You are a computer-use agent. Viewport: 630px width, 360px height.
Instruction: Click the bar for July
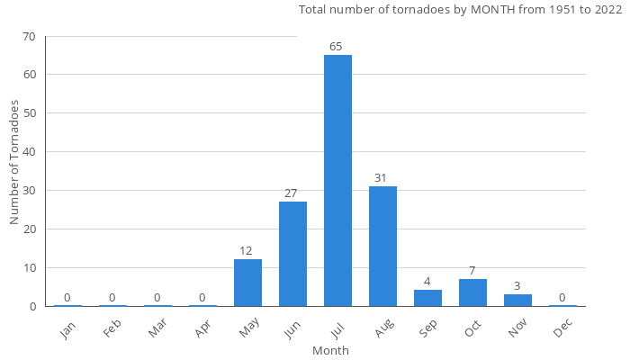tap(337, 180)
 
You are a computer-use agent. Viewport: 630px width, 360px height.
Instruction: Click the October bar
tap(472, 292)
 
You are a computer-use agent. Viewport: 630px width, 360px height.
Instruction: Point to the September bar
tap(427, 298)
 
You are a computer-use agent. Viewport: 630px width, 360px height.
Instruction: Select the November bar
tap(517, 300)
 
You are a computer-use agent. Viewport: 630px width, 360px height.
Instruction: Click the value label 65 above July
tap(337, 47)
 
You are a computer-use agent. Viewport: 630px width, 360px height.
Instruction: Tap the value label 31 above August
tap(382, 178)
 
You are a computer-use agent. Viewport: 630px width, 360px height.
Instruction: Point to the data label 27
tap(292, 193)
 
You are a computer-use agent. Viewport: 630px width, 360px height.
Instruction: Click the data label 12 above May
tap(247, 251)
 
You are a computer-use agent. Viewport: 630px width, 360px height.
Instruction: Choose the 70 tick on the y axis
tap(30, 37)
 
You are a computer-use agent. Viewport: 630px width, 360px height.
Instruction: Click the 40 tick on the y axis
tap(30, 152)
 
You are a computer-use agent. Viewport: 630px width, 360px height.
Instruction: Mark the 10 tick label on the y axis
tap(30, 268)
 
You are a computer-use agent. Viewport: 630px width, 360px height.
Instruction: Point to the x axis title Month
tap(330, 350)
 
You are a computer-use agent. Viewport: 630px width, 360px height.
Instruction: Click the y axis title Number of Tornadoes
tap(14, 162)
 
